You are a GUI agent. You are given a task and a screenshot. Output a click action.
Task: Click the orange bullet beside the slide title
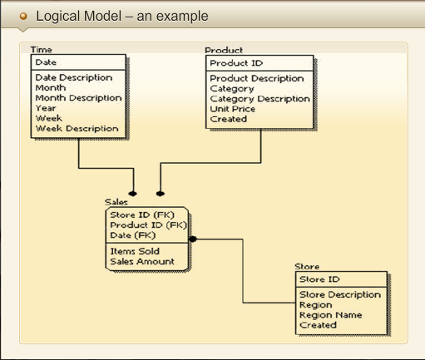(23, 16)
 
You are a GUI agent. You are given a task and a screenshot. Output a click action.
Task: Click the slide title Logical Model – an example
(122, 16)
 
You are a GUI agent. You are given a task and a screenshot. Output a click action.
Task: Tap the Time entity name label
(41, 50)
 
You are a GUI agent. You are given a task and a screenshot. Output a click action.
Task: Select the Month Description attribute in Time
(78, 98)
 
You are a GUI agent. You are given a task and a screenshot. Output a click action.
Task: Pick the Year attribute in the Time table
(46, 108)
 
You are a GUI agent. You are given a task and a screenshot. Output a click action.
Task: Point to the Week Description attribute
(77, 128)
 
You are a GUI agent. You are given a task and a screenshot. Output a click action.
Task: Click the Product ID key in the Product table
(236, 63)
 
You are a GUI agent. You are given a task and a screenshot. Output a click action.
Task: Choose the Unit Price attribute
(232, 109)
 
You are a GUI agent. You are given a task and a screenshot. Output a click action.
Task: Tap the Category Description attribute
(259, 99)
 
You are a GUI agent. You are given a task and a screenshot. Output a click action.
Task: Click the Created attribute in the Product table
(229, 119)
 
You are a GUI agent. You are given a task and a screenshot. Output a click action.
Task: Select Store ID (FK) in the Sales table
(142, 215)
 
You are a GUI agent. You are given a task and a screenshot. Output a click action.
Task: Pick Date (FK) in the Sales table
(133, 235)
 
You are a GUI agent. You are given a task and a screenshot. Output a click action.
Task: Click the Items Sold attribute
(135, 251)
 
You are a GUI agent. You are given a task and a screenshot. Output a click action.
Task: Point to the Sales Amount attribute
(142, 261)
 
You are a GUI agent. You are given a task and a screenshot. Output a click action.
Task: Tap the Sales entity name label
(116, 202)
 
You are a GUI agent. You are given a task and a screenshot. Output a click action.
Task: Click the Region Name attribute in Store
(331, 315)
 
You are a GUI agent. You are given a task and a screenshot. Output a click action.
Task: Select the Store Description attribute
(340, 294)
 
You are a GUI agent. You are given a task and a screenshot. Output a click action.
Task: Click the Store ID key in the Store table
(319, 279)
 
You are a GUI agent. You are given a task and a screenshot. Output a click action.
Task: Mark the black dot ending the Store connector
(193, 239)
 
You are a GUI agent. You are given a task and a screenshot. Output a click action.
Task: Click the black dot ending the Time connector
(133, 194)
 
